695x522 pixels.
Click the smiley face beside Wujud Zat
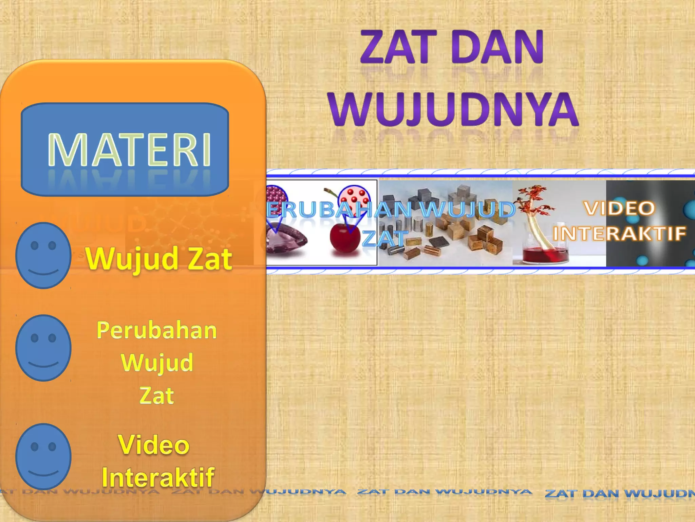tap(43, 255)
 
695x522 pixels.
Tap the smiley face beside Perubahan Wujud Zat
tap(43, 348)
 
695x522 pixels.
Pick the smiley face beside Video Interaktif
tap(43, 456)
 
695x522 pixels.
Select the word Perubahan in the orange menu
tap(156, 330)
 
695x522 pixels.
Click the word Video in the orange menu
tap(153, 445)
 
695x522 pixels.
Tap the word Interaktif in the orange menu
tap(158, 477)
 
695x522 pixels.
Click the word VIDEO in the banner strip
tap(619, 208)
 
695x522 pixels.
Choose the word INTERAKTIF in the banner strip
tap(619, 234)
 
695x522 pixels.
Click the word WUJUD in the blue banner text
tap(468, 209)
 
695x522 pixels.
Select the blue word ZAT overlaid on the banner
tap(384, 238)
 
